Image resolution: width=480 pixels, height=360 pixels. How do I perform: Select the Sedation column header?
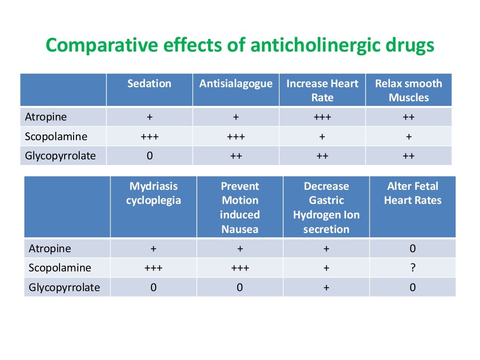pos(149,84)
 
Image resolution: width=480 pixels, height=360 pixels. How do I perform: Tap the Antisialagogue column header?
pos(236,84)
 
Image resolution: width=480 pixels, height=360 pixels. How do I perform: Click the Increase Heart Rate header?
pos(322,90)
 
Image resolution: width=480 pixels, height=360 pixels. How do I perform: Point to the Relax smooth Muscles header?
pos(408,90)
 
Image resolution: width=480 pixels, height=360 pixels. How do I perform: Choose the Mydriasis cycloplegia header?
pos(153,194)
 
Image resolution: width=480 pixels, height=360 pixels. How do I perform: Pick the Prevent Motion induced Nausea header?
pos(240,208)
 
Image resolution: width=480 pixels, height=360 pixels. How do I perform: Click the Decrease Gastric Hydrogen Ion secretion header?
pos(326,208)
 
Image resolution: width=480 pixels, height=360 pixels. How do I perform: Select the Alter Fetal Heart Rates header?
pos(412,194)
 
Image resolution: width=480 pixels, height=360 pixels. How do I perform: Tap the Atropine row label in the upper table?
pos(46,117)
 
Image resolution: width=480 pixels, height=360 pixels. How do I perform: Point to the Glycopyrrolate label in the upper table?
pos(60,156)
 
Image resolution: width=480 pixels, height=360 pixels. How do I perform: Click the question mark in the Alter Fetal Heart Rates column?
pos(412,268)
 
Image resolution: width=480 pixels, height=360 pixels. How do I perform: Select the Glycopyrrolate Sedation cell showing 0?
pos(149,156)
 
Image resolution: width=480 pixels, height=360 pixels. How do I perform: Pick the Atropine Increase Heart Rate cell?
pos(322,117)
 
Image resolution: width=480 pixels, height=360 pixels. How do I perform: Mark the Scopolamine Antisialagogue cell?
pos(236,137)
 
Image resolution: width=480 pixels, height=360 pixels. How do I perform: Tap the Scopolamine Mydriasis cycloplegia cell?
pos(153,268)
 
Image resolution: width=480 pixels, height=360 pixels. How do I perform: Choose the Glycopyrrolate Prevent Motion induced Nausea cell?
pos(240,287)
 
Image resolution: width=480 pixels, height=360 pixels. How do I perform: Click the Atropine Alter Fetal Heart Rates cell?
pos(412,248)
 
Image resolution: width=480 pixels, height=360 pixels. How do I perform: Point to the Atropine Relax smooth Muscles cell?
pos(408,117)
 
